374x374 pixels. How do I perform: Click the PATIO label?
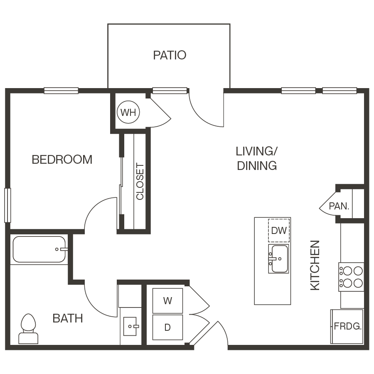[170, 55]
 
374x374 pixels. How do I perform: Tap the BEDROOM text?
[62, 160]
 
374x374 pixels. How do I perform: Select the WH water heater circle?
[128, 112]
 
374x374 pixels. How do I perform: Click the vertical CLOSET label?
[140, 181]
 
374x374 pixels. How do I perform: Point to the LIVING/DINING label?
[257, 158]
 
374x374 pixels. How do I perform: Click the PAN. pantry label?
[339, 206]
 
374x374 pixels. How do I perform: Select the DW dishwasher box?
[279, 230]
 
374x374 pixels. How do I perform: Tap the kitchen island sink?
[278, 259]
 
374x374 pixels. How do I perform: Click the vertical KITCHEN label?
[315, 265]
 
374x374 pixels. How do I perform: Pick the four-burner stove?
[352, 277]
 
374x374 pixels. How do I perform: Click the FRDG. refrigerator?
[347, 326]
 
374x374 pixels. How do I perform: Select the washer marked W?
[167, 301]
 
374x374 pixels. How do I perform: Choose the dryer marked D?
[167, 327]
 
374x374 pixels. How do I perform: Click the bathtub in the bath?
[39, 249]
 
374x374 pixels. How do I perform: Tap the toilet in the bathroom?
[28, 329]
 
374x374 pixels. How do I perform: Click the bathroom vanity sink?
[131, 326]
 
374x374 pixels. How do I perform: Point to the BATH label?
[67, 319]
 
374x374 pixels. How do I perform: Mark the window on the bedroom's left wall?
[7, 205]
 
